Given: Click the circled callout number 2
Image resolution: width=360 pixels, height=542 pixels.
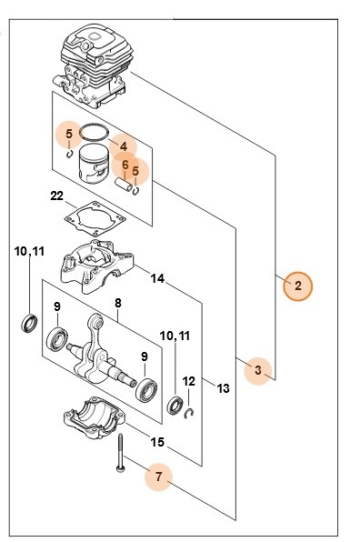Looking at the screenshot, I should [296, 286].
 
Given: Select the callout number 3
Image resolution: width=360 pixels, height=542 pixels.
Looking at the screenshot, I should [258, 370].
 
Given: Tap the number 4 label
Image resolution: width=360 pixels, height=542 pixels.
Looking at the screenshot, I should [123, 146].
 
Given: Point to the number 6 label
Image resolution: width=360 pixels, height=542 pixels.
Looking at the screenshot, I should [125, 165].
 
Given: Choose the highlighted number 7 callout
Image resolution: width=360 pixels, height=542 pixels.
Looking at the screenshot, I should [159, 475].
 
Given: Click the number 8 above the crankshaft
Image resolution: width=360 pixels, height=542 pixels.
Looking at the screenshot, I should [117, 304].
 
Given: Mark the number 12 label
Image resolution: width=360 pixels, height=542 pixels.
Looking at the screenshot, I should [189, 382].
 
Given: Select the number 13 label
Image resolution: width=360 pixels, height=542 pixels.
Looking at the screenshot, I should [224, 388].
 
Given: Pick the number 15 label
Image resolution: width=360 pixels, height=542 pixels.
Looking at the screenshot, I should [156, 443].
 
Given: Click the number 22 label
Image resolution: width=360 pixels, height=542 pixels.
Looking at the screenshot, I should [55, 196].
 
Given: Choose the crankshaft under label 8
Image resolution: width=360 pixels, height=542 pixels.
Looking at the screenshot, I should [100, 350].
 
